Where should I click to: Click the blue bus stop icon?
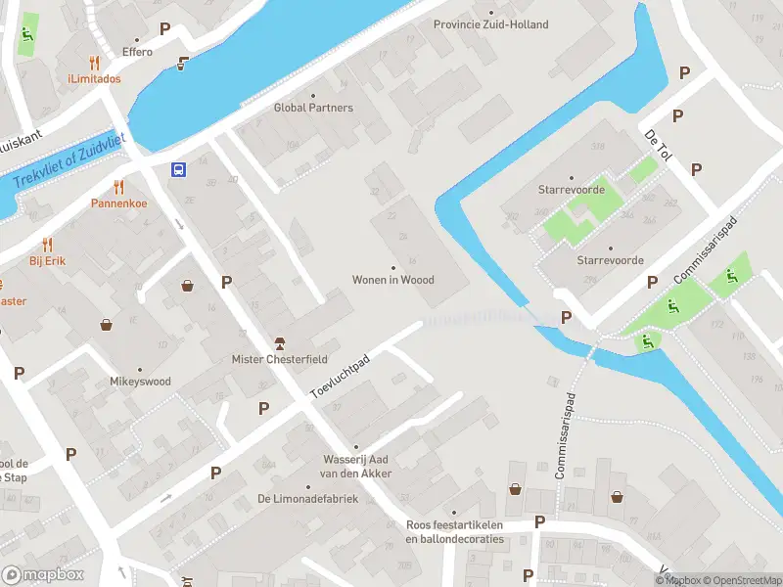(x=179, y=169)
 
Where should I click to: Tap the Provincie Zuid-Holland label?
(x=491, y=24)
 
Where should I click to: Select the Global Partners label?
(x=313, y=108)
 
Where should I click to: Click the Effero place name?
(x=137, y=52)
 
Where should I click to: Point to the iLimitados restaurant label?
(x=94, y=78)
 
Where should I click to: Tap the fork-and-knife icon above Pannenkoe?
(x=119, y=187)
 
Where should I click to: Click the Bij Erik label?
(x=47, y=260)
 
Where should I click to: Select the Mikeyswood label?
(x=140, y=382)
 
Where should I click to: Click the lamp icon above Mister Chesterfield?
(x=279, y=342)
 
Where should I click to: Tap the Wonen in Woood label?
(x=393, y=280)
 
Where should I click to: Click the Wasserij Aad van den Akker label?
(x=358, y=467)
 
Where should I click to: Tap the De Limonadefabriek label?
(x=308, y=499)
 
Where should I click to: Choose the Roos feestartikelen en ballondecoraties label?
(x=454, y=532)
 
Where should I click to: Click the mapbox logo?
(x=43, y=575)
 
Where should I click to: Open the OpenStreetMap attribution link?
(x=740, y=581)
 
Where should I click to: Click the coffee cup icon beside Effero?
(x=183, y=65)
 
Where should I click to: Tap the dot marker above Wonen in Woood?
(x=393, y=267)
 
